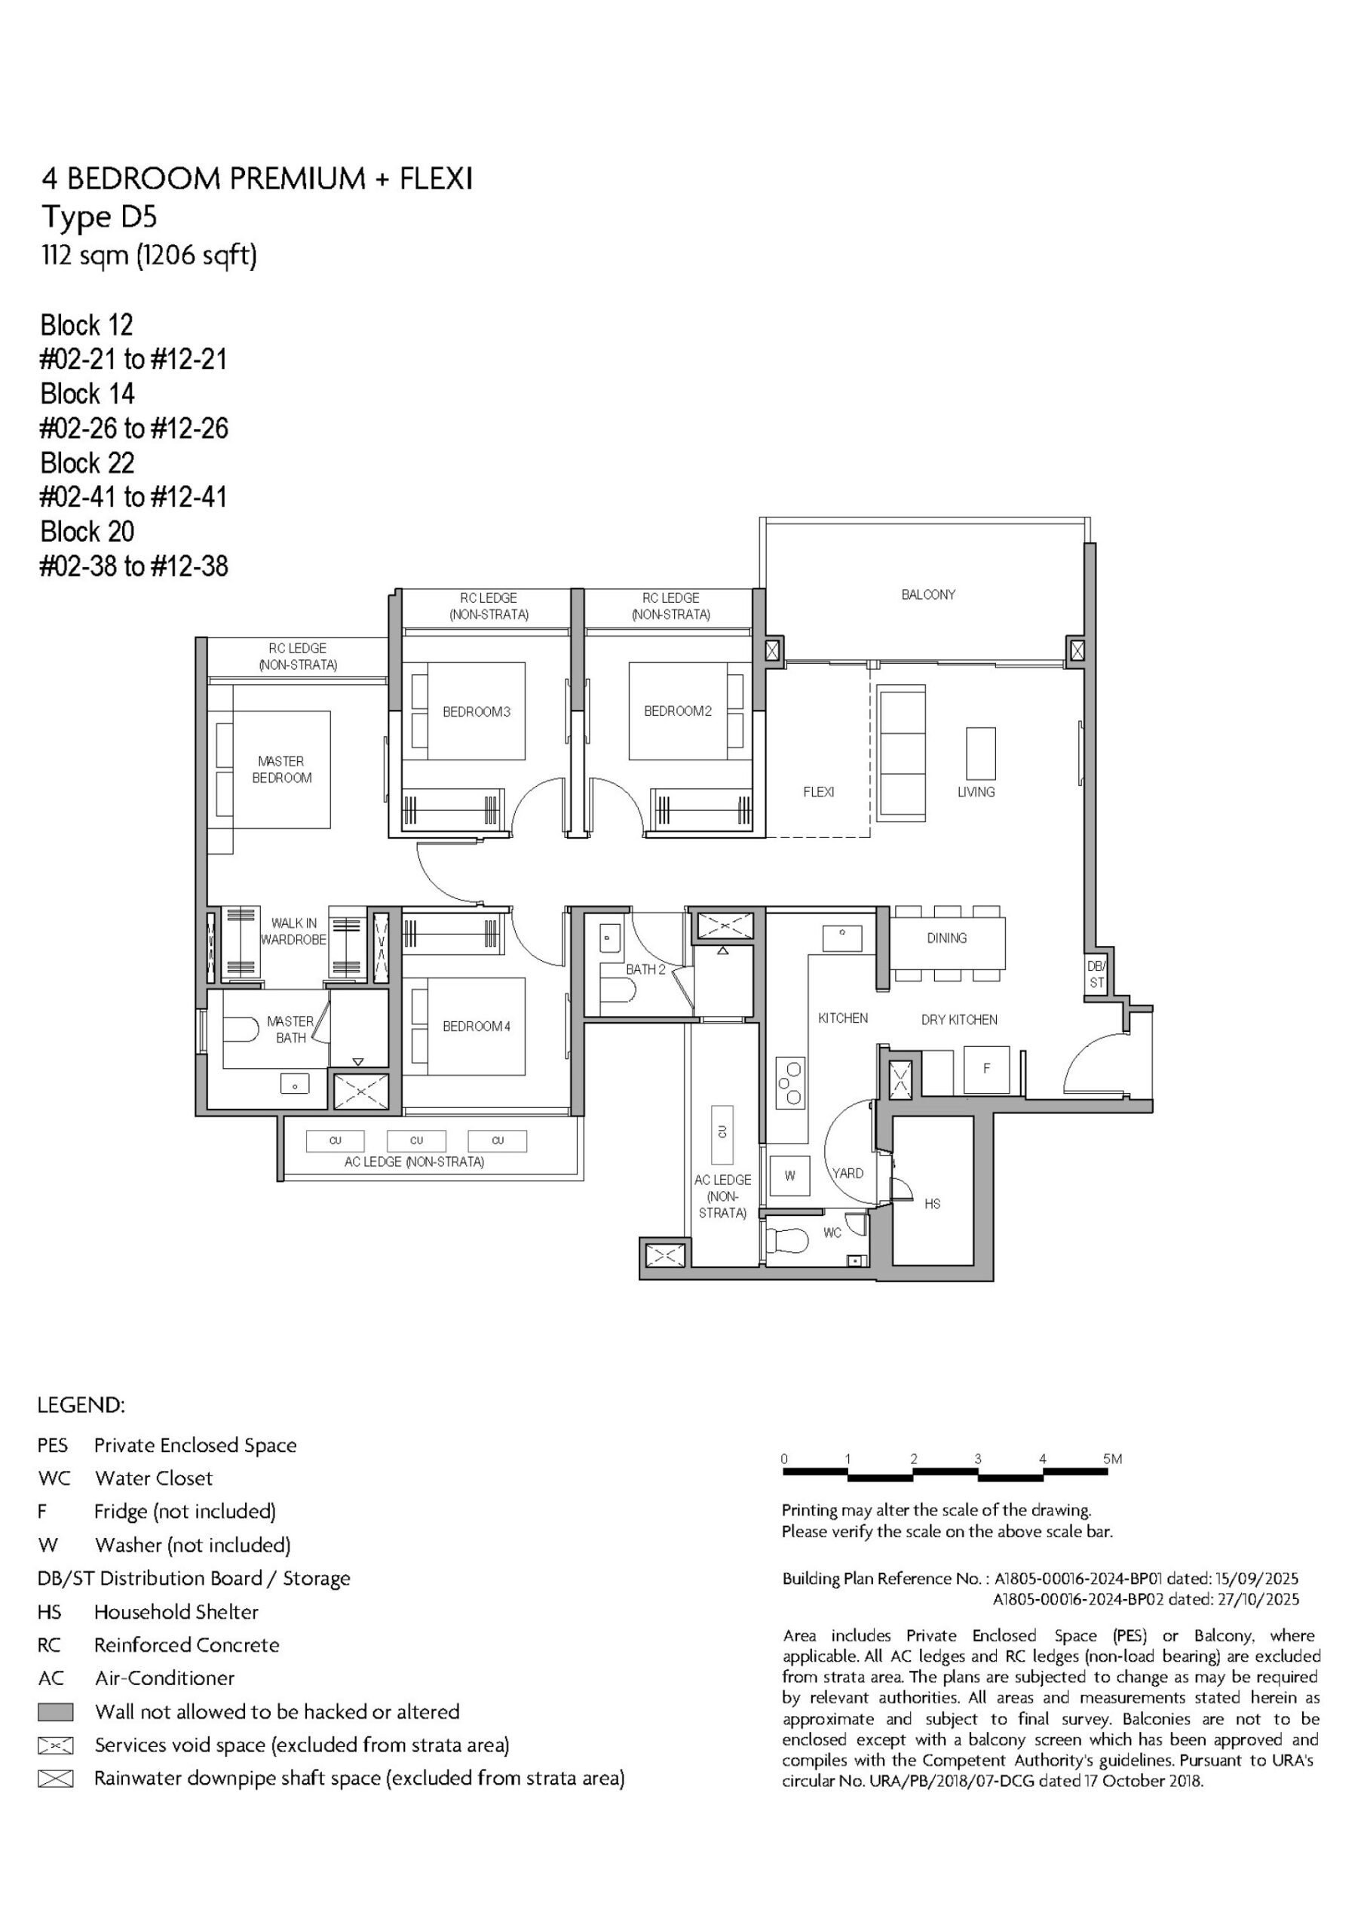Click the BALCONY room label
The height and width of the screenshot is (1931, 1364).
928,594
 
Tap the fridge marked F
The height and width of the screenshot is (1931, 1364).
986,1069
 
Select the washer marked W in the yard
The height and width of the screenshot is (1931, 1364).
789,1175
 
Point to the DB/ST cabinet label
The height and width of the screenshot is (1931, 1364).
1096,975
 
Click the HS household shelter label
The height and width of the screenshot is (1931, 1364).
933,1204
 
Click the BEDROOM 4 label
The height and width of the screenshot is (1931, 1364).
477,1026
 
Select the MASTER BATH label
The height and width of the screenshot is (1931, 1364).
290,1030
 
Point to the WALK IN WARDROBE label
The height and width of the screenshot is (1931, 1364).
293,931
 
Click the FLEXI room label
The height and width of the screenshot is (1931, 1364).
818,791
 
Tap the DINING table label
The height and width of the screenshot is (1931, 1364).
947,938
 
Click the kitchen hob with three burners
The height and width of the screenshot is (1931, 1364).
790,1082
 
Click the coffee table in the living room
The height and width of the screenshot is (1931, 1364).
980,754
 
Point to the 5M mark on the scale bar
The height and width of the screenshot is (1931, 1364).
1114,1459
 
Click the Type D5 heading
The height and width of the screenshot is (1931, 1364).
100,218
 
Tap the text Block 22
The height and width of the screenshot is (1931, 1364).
87,462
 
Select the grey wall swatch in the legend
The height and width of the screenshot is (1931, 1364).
56,1711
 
